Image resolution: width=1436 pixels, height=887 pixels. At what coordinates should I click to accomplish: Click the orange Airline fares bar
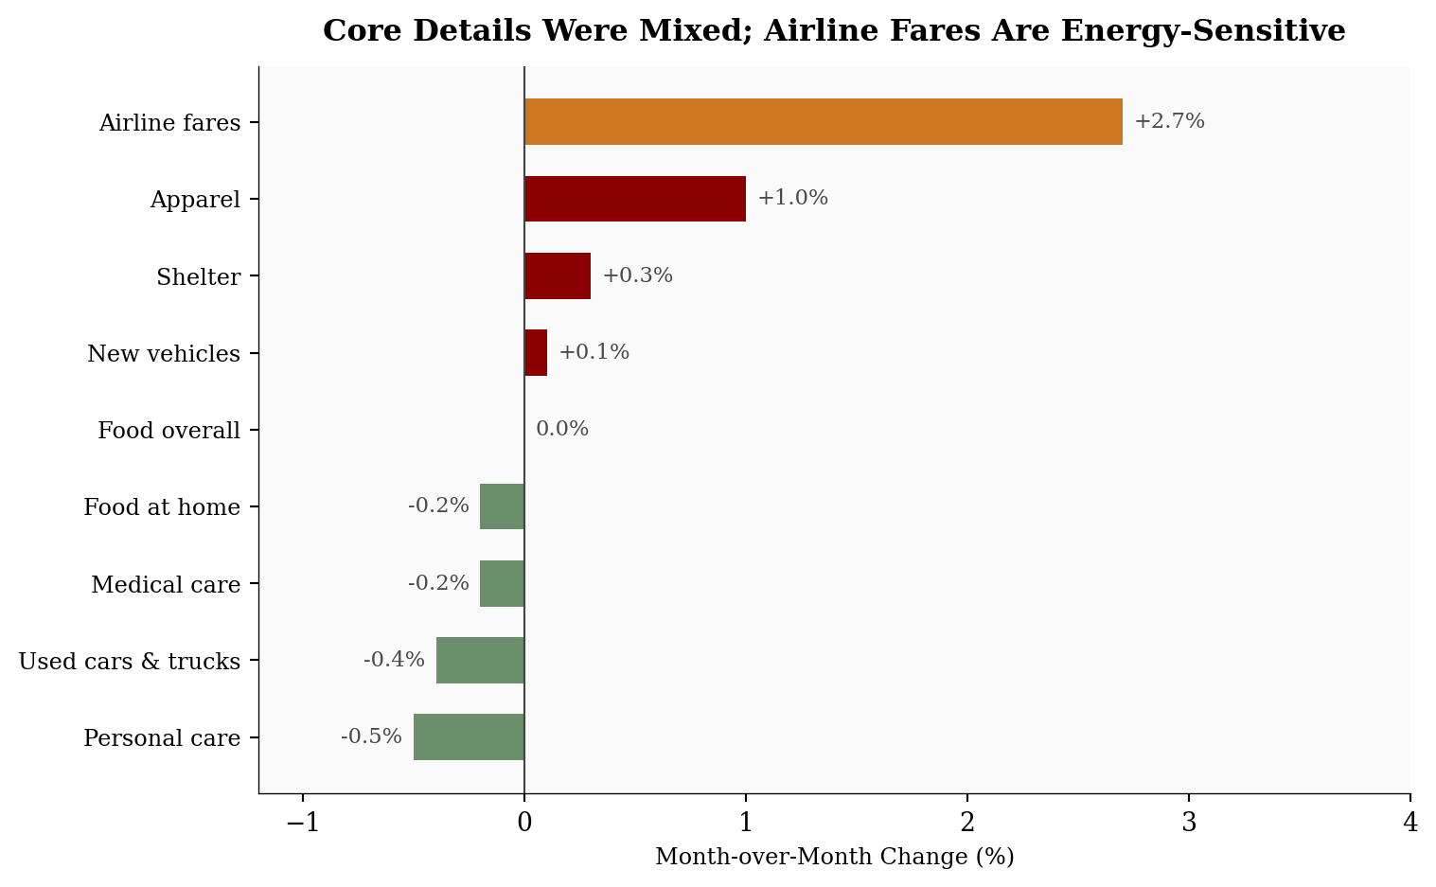(x=823, y=122)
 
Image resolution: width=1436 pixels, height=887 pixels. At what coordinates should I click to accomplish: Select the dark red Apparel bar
(x=635, y=199)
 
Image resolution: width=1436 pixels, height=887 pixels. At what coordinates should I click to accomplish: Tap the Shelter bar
(x=558, y=276)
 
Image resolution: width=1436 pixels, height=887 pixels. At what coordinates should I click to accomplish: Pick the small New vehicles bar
(x=536, y=353)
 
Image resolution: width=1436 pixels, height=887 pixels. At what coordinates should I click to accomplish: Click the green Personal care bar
(x=469, y=736)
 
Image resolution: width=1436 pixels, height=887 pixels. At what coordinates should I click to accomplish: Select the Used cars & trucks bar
(x=480, y=660)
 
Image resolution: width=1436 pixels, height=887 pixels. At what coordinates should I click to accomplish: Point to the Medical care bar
(x=502, y=583)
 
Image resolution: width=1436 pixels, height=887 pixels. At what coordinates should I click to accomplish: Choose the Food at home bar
(x=502, y=506)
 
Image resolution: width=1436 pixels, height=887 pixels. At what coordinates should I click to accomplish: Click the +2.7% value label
(x=1169, y=121)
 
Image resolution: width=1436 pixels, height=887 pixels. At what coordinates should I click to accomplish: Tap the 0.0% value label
(x=562, y=429)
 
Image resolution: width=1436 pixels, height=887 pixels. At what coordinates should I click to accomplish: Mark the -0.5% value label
(x=371, y=736)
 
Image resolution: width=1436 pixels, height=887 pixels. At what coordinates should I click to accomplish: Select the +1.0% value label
(x=792, y=198)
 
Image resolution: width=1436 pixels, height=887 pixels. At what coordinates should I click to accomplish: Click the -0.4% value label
(x=394, y=660)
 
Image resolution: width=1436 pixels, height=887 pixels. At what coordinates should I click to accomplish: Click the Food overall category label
(x=169, y=431)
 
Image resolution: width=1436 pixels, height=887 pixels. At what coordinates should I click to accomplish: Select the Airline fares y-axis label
(x=169, y=123)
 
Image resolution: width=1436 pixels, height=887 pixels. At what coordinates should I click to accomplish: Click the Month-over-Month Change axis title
(x=834, y=858)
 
